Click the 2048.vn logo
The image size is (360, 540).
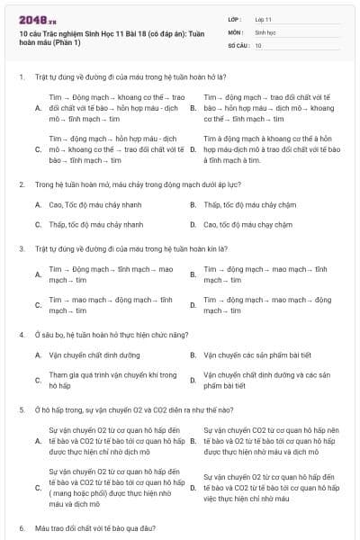coord(33,19)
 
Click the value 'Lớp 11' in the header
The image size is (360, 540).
coord(264,18)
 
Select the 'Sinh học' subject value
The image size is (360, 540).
coord(265,31)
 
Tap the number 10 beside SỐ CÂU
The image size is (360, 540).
coord(258,44)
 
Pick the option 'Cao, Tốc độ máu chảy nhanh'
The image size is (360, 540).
coord(94,204)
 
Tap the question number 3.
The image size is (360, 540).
coord(21,247)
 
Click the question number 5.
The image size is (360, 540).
coord(21,409)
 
